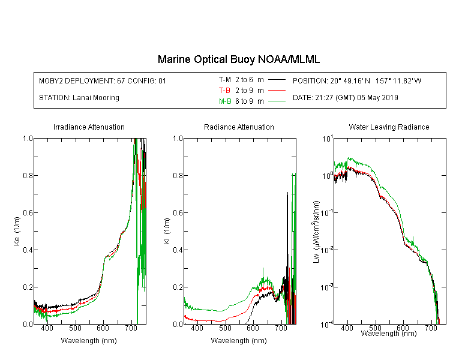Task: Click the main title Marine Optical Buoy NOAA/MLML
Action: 238,59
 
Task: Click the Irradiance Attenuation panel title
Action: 89,127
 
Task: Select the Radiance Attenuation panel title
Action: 239,127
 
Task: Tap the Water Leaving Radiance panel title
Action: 389,127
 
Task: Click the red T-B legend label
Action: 224,91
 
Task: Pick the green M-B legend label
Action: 225,101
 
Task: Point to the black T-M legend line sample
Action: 277,80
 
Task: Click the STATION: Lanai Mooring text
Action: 79,98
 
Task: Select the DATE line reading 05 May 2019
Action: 345,98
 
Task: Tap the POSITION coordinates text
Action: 357,80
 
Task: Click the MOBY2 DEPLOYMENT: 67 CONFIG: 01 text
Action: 103,80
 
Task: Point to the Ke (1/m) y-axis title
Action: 17,231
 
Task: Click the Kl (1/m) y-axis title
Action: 167,231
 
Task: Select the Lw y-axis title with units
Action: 316,232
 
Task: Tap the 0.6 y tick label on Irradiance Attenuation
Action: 28,213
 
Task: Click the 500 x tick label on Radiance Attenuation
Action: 225,328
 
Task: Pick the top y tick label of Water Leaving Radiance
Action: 328,139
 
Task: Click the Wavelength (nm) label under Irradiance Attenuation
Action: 89,341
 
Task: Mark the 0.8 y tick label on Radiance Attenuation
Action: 178,175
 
